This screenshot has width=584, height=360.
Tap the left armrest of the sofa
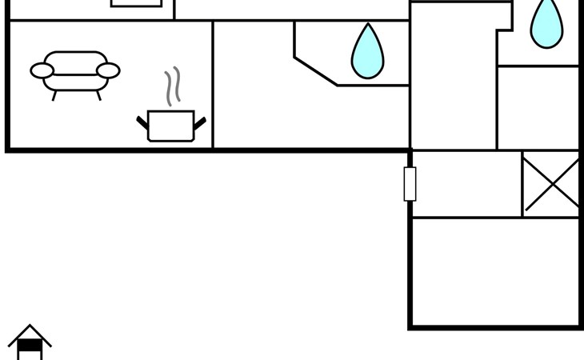42,71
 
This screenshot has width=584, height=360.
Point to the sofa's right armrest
108,71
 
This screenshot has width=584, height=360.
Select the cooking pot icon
171,126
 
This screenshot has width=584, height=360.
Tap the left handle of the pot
142,122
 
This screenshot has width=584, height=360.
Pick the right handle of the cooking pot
200,122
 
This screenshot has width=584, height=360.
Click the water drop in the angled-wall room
367,53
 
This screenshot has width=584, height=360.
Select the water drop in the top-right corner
546,23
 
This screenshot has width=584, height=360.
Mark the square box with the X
552,184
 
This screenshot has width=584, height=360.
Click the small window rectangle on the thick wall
410,184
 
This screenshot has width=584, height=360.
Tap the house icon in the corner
30,342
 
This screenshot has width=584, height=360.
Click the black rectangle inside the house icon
30,346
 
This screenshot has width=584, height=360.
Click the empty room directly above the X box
538,107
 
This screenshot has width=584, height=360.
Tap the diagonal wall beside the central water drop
316,71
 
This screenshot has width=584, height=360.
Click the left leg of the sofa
54,95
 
